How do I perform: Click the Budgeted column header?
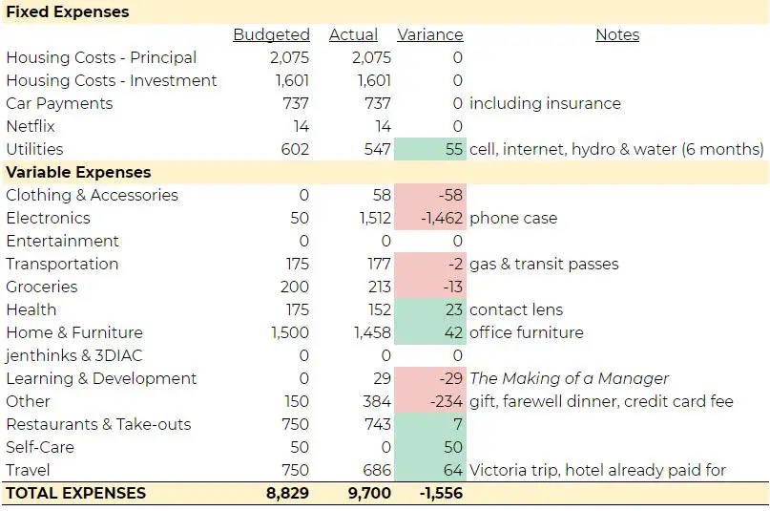[271, 35]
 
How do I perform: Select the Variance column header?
[429, 35]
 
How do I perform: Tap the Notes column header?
[617, 35]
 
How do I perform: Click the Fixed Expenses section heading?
[68, 12]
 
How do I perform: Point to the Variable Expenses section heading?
[78, 173]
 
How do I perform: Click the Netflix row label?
[31, 126]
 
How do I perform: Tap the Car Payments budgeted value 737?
[295, 103]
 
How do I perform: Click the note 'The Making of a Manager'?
[570, 378]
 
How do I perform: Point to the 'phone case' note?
[513, 218]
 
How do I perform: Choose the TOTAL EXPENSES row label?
[76, 494]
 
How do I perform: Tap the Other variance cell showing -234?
[446, 401]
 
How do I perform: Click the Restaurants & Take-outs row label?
[98, 424]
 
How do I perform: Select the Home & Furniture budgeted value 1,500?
[287, 332]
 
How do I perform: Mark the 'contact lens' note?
[516, 309]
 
